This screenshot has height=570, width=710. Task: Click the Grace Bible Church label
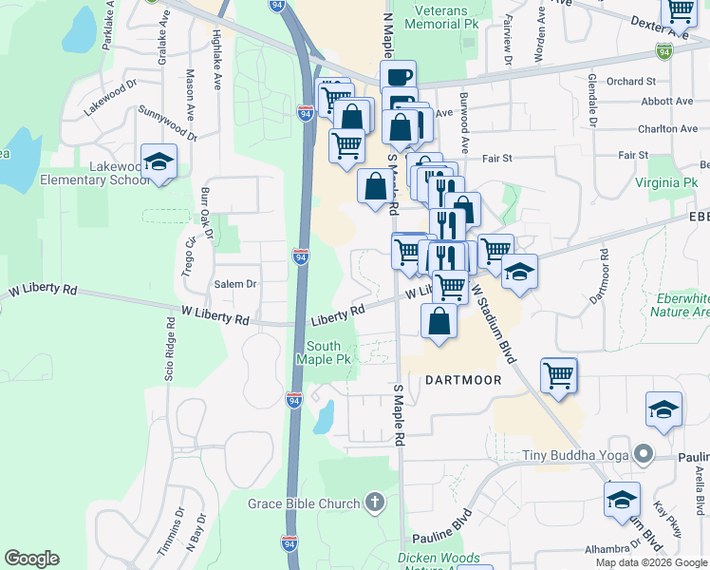[304, 503]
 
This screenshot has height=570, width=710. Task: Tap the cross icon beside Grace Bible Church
[375, 503]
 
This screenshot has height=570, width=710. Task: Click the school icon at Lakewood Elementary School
[159, 162]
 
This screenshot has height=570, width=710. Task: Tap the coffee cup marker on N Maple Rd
[399, 78]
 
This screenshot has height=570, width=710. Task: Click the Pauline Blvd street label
[449, 522]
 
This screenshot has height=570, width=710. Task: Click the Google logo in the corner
[31, 559]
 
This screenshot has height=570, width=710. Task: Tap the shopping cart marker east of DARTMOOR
[559, 374]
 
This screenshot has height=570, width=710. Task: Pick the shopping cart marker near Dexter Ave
[680, 9]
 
